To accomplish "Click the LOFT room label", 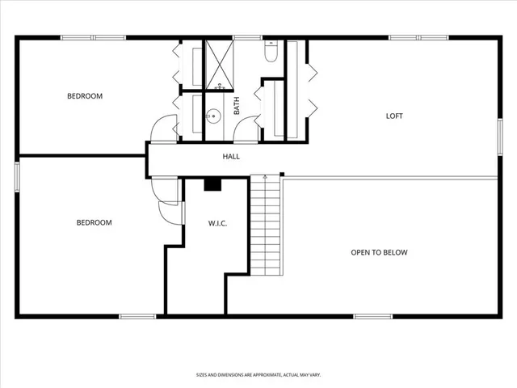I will (394, 116).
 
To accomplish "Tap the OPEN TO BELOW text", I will (379, 252).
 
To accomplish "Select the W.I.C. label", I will (217, 223).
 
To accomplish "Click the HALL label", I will (231, 157).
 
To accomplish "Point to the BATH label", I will (237, 106).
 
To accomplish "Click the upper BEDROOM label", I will (84, 96).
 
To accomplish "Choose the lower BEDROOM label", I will (94, 222).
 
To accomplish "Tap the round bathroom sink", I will (214, 116).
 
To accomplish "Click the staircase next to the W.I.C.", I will (266, 226).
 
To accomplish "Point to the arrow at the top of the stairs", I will (265, 177).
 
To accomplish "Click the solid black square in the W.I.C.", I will (212, 185).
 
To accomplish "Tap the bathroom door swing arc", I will (246, 129).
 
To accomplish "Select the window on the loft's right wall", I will (499, 133).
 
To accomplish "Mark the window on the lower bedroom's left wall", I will (18, 176).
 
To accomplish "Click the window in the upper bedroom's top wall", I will (92, 37).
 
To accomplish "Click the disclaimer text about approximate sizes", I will (258, 374).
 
